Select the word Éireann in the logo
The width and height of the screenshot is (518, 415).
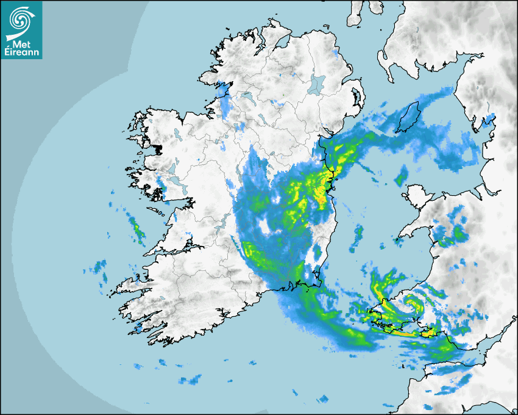22,52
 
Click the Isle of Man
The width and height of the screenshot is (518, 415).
410,116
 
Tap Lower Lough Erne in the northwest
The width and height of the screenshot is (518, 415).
247,96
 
